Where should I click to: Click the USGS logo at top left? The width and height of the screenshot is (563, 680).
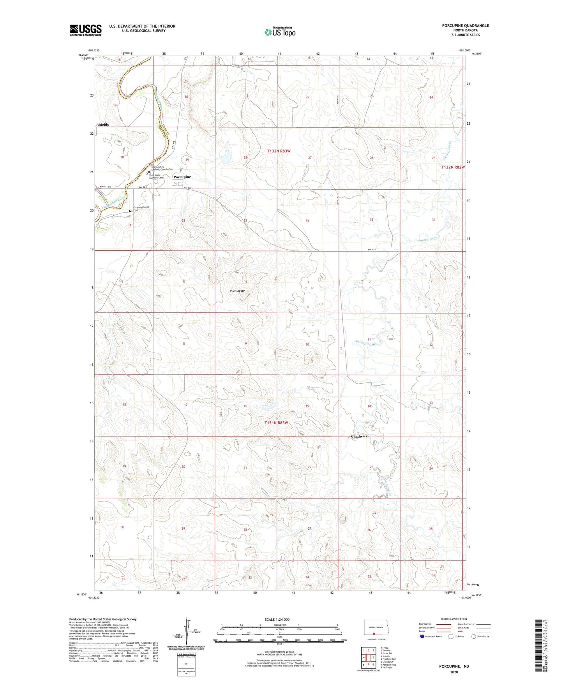pyautogui.click(x=85, y=30)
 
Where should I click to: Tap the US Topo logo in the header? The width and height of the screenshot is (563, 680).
pyautogui.click(x=280, y=32)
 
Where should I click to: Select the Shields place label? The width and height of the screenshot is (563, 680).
pyautogui.click(x=102, y=125)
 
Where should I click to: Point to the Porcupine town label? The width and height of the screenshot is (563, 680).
pyautogui.click(x=182, y=177)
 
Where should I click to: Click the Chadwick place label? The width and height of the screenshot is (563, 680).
pyautogui.click(x=359, y=436)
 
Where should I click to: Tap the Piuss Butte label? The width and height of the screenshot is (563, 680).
pyautogui.click(x=237, y=291)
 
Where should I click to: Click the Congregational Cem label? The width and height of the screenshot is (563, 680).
pyautogui.click(x=141, y=208)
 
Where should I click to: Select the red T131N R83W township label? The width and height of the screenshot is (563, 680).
pyautogui.click(x=276, y=423)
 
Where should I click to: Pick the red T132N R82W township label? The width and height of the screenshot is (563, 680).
pyautogui.click(x=453, y=167)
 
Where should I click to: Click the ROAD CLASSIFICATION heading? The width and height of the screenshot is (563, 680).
pyautogui.click(x=454, y=619)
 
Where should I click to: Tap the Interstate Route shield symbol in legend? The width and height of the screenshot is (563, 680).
pyautogui.click(x=422, y=636)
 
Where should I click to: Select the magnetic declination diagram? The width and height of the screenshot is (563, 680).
pyautogui.click(x=189, y=632)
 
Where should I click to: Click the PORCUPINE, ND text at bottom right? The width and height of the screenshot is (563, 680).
pyautogui.click(x=454, y=666)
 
